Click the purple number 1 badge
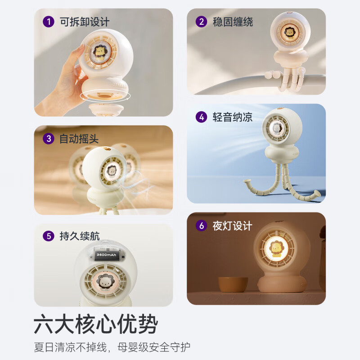[47, 22]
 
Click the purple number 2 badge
[202, 22]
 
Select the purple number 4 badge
[201, 117]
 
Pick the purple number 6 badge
[201, 225]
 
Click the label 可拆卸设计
[84, 22]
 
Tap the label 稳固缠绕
[233, 22]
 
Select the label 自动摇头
[79, 139]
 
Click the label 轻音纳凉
[233, 117]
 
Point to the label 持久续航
[80, 236]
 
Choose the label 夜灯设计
[233, 225]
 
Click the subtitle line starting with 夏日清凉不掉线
[112, 347]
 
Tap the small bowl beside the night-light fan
[233, 284]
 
